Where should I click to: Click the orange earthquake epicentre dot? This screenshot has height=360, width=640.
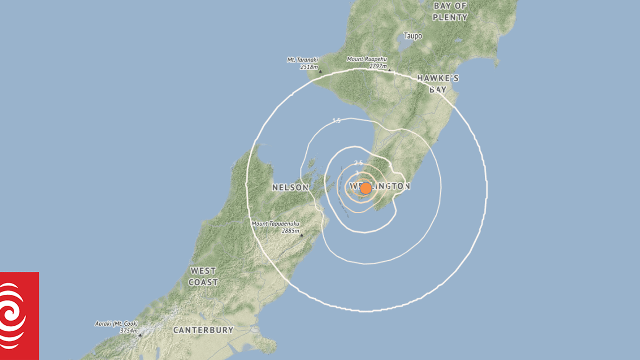click(366, 188)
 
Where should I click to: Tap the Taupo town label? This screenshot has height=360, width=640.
click(413, 36)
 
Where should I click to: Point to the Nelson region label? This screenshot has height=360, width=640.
click(290, 187)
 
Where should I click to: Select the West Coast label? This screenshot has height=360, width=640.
click(203, 277)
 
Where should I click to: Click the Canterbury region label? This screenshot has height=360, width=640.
click(203, 330)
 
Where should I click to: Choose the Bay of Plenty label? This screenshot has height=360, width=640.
click(450, 12)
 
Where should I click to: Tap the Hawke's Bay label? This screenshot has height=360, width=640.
click(438, 83)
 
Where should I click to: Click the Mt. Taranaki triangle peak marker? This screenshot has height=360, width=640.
click(320, 72)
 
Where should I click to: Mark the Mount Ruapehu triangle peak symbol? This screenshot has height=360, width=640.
click(389, 70)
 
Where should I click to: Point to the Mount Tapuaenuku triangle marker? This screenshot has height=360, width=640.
click(301, 235)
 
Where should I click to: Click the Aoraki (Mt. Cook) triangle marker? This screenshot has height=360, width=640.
click(140, 335)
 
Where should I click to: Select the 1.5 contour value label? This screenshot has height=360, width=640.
click(336, 121)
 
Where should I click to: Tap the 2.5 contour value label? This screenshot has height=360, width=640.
click(358, 163)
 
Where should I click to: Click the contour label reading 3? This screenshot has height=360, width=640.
click(357, 173)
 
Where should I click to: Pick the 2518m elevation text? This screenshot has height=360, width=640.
click(309, 67)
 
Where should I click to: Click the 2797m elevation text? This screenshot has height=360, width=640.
click(378, 66)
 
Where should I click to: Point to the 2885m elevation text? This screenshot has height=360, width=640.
click(290, 231)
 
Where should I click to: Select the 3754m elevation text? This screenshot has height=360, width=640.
click(128, 330)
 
